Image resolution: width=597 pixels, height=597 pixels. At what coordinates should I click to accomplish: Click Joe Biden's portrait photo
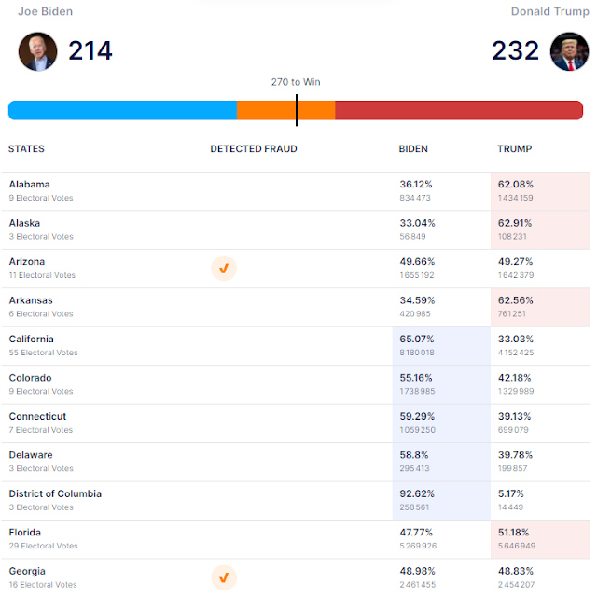pos(37,51)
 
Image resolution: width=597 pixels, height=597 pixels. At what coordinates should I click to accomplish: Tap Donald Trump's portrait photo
pos(570,51)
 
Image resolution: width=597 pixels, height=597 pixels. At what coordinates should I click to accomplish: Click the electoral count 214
pos(90,50)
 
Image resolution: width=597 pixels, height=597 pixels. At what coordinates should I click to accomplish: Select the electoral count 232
pos(516,50)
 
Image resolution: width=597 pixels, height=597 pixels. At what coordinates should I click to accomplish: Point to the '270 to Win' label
pos(296,82)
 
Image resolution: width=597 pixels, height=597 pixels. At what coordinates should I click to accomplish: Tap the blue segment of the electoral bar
pos(122,110)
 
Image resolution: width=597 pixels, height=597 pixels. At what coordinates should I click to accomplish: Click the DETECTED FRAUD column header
pos(254,149)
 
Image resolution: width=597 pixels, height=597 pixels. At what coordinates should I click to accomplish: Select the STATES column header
pos(26,149)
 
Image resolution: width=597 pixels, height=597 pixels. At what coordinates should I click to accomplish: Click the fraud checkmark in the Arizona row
pos(224,269)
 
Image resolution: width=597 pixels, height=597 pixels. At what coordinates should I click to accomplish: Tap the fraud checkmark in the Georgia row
pos(224,578)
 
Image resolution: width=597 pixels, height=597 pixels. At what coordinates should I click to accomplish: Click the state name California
pos(32,340)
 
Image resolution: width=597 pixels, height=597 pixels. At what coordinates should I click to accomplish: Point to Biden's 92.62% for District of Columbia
pos(417,494)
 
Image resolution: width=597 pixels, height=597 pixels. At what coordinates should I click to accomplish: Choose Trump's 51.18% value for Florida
pos(516,533)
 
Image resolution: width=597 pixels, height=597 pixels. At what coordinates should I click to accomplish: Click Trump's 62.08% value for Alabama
pos(516,185)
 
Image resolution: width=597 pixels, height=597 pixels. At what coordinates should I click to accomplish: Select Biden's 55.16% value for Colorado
pos(417,378)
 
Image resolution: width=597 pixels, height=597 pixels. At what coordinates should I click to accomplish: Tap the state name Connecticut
pos(37,417)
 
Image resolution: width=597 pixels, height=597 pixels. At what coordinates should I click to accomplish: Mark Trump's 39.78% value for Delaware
pos(516,455)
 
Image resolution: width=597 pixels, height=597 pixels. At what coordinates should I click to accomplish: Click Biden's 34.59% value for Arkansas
pos(417,300)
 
